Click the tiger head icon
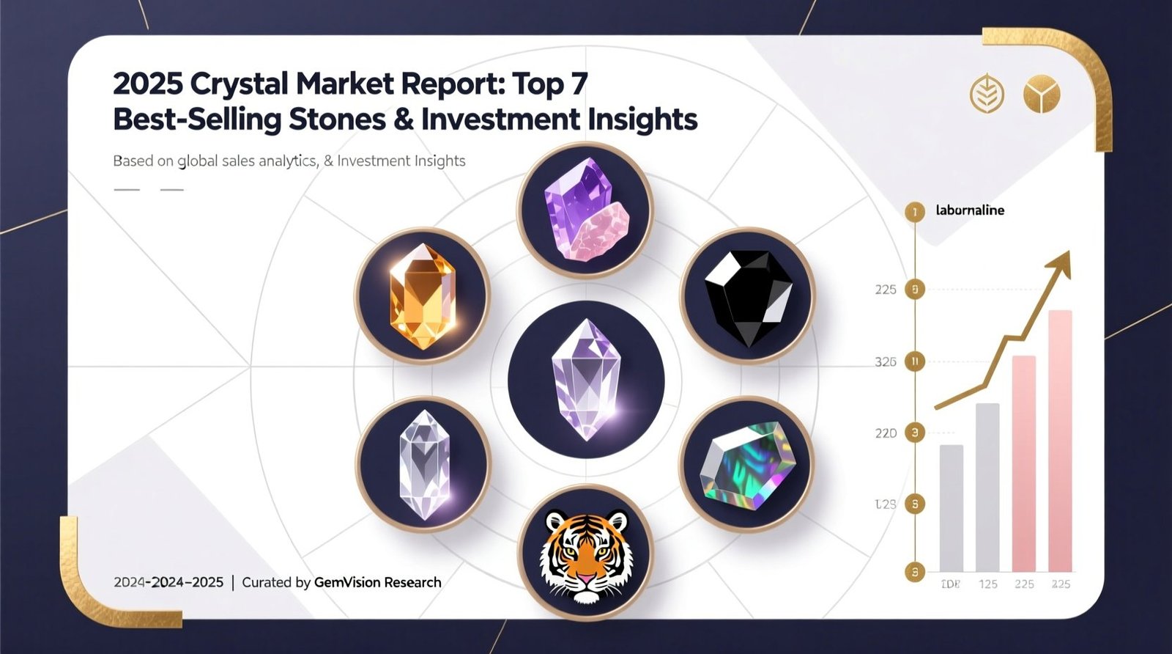click(585, 555)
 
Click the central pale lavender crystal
click(586, 378)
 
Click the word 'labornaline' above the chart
click(970, 210)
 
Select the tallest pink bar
click(1060, 440)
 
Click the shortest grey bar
click(951, 507)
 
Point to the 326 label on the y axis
click(886, 361)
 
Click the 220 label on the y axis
click(886, 433)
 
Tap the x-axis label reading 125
click(987, 584)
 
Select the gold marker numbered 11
click(914, 361)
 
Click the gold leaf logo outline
click(986, 95)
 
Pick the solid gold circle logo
click(1042, 95)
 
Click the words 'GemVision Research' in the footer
click(377, 582)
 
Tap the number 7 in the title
click(578, 84)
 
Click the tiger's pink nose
click(585, 580)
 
